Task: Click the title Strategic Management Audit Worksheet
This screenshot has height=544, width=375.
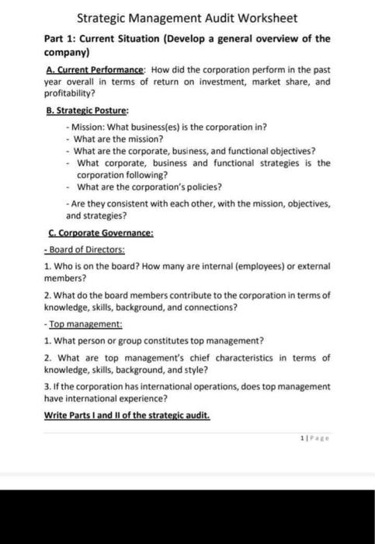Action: pos(186,18)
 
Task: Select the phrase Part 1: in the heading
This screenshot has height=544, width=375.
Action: pos(63,37)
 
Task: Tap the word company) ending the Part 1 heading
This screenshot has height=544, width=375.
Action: pos(66,52)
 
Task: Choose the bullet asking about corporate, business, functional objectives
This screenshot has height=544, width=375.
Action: pos(177,152)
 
